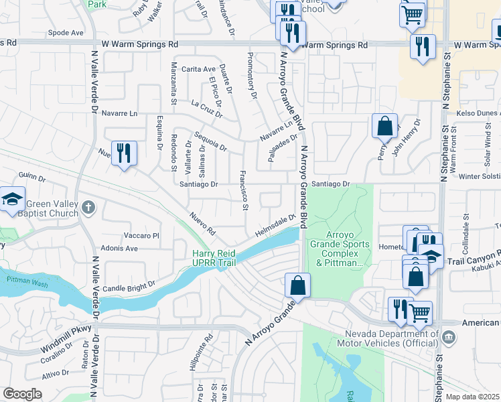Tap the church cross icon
click(88, 210)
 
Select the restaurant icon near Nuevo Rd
click(124, 153)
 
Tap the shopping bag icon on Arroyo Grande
click(297, 285)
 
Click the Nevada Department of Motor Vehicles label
click(392, 339)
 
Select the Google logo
click(22, 394)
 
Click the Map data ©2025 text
click(472, 397)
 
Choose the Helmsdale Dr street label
click(275, 224)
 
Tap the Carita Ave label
click(198, 69)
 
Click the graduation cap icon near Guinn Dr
click(12, 199)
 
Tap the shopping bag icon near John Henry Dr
click(384, 125)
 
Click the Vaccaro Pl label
click(141, 236)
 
